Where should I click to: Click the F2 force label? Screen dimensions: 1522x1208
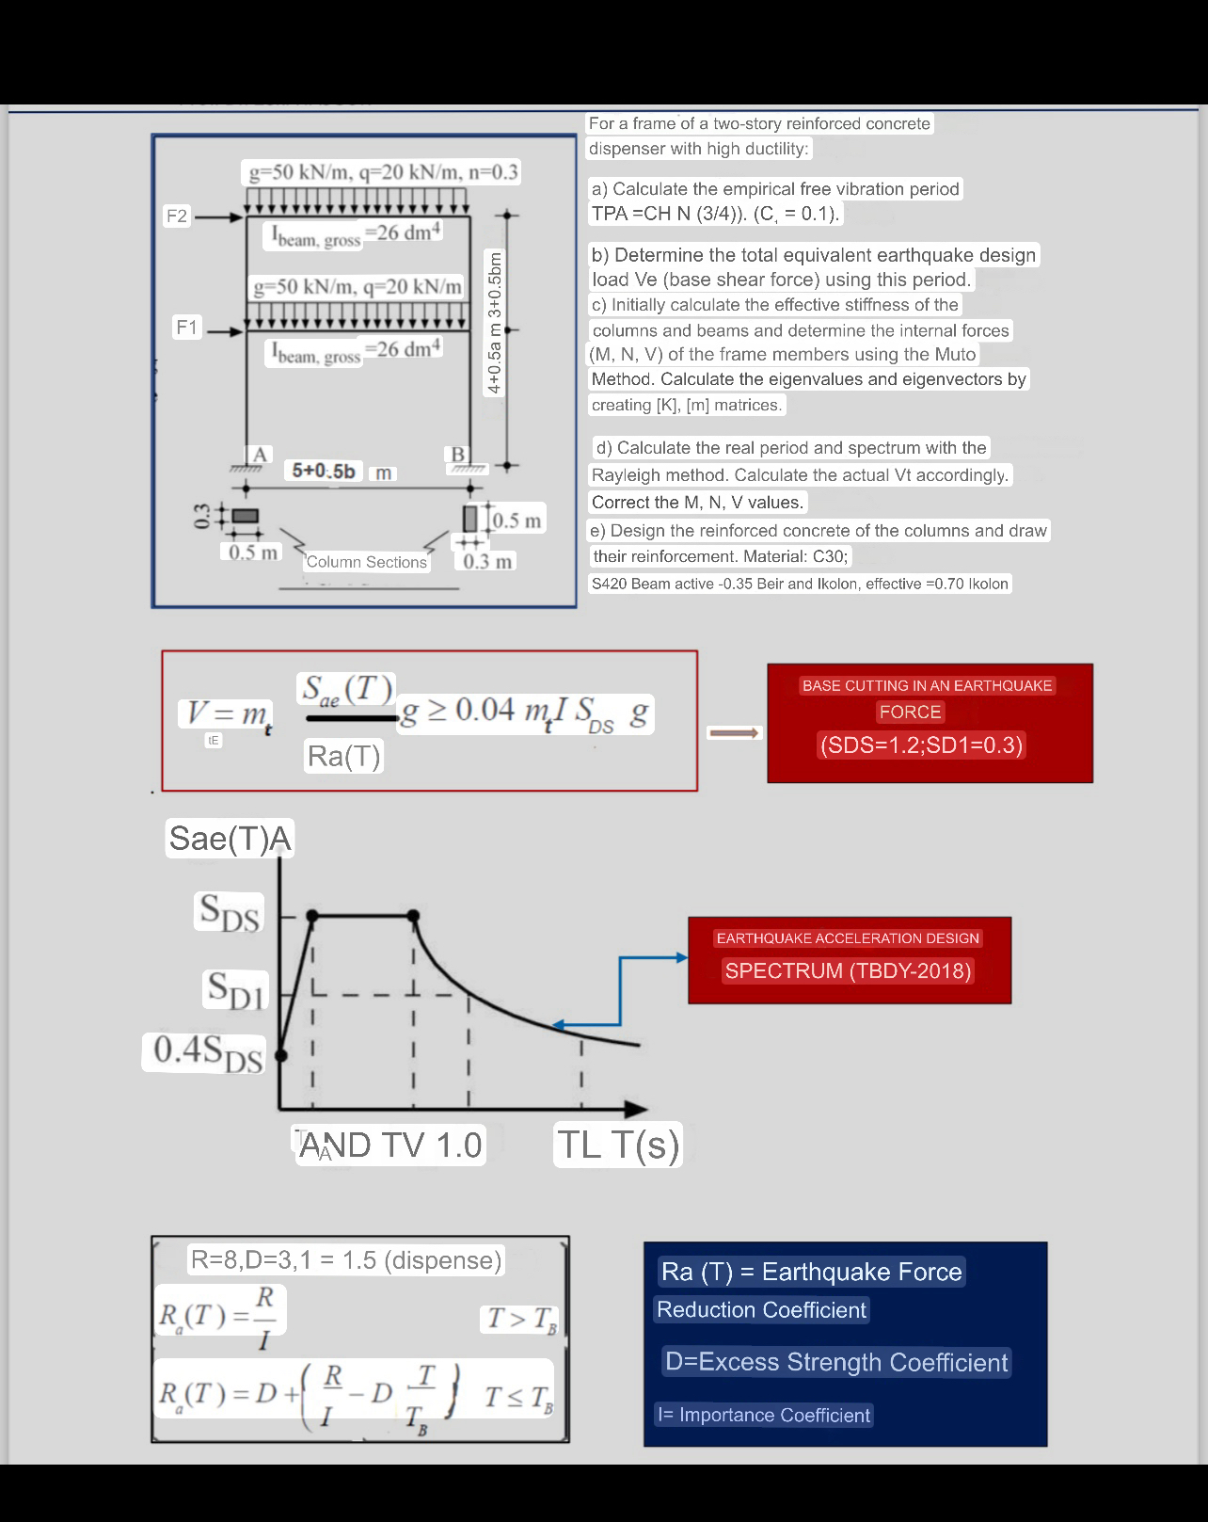pyautogui.click(x=177, y=216)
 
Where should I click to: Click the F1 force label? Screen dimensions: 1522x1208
pyautogui.click(x=187, y=327)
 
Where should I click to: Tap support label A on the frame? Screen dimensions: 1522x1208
pyautogui.click(x=260, y=455)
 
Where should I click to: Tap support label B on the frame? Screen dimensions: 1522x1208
pyautogui.click(x=458, y=455)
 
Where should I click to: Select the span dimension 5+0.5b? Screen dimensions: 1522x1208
pyautogui.click(x=324, y=471)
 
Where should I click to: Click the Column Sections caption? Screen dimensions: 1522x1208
pyautogui.click(x=366, y=562)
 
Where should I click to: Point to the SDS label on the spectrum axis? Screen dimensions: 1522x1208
pyautogui.click(x=230, y=912)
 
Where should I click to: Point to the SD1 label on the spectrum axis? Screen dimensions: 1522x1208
pyautogui.click(x=236, y=990)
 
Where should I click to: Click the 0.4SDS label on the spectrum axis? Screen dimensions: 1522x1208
pyautogui.click(x=208, y=1052)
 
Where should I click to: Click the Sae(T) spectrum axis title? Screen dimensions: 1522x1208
pyautogui.click(x=230, y=838)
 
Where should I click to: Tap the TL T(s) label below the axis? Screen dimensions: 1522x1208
pyautogui.click(x=617, y=1145)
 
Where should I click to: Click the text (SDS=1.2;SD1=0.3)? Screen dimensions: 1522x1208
pyautogui.click(x=921, y=745)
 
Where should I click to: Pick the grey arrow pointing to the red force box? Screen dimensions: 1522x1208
pyautogui.click(x=733, y=733)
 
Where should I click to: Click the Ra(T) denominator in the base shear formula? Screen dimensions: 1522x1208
pyautogui.click(x=343, y=756)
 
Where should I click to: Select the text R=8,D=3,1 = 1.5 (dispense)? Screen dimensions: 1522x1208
pyautogui.click(x=346, y=1260)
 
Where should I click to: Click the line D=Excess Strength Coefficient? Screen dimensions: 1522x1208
pyautogui.click(x=836, y=1362)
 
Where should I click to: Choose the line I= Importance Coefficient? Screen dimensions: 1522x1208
pyautogui.click(x=763, y=1415)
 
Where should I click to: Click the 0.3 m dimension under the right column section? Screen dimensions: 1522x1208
pyautogui.click(x=487, y=562)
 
